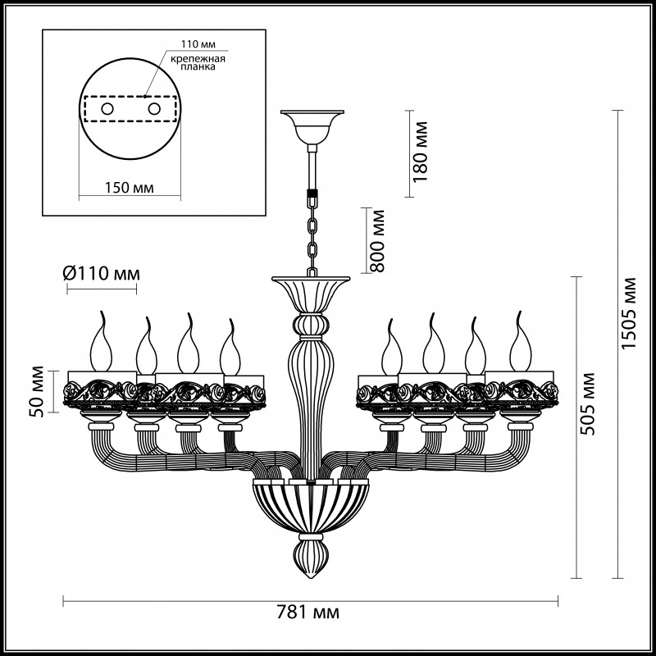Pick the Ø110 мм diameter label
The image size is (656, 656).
(x=101, y=272)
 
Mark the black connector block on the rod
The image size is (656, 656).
(x=312, y=197)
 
